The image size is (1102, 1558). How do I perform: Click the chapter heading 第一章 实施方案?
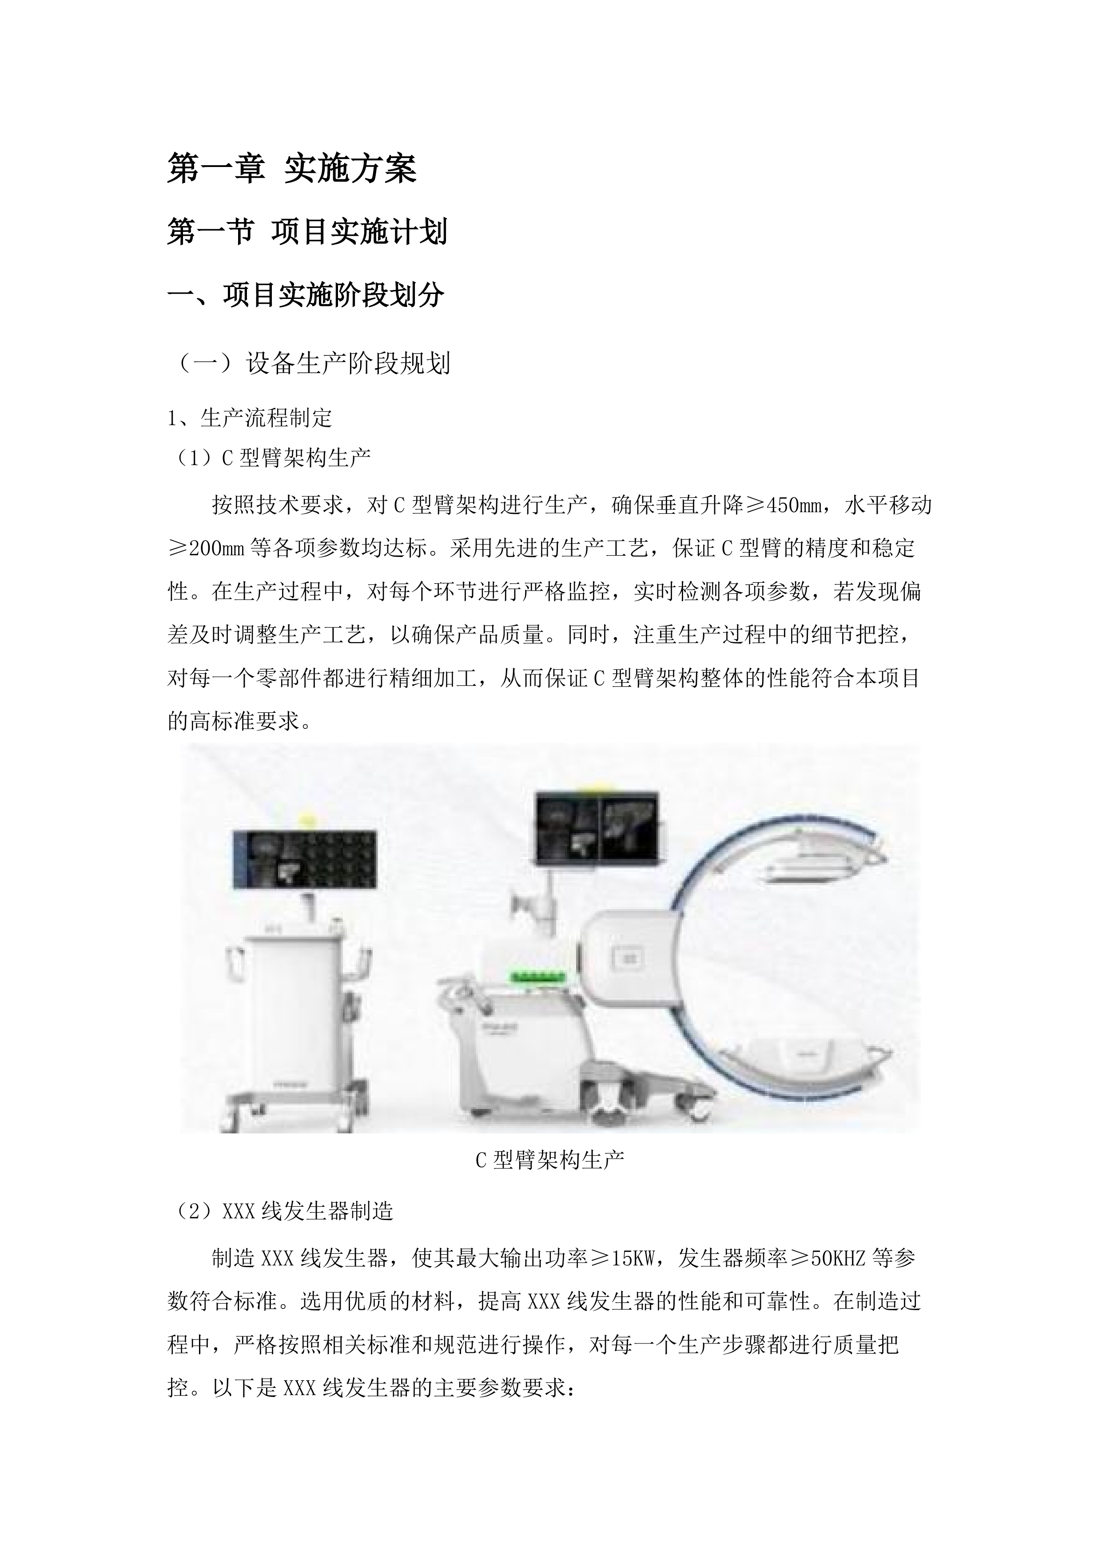pyautogui.click(x=292, y=168)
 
